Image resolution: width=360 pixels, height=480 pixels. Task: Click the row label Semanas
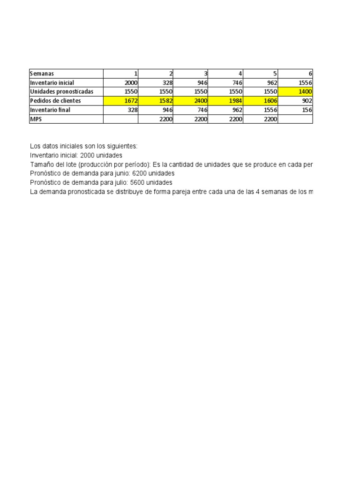point(42,74)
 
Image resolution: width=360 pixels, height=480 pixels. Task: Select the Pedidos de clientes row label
point(55,101)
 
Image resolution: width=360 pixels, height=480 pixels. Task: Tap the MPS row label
point(36,119)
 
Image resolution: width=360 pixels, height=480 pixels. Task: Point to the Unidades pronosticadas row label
point(61,92)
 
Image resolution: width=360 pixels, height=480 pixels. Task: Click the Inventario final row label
point(50,110)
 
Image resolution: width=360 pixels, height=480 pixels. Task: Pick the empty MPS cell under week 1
point(120,119)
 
